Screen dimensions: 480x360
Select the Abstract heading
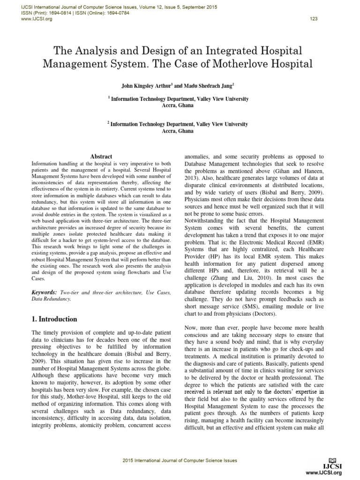(x=101, y=157)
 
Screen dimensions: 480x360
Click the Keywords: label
(x=44, y=292)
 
